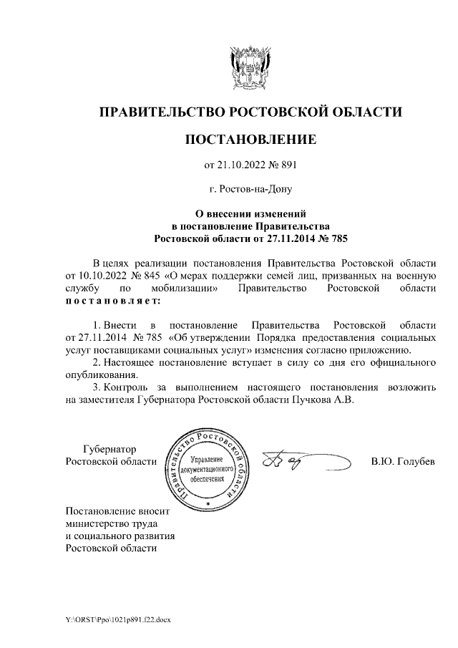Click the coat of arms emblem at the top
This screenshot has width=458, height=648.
coord(250,67)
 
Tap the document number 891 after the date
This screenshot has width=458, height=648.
coord(286,166)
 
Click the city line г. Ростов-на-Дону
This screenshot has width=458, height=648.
coord(250,190)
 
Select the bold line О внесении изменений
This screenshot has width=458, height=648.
coord(250,213)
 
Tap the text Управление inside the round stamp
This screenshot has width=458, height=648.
coord(207,458)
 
